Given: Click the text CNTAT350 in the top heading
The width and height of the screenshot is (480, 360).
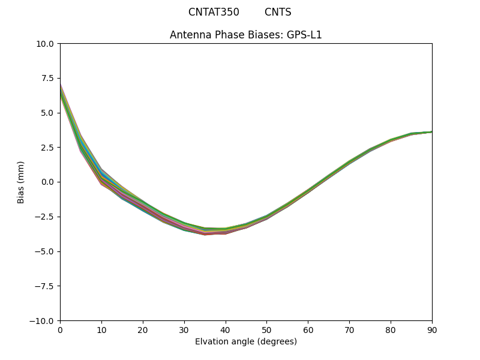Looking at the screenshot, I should pos(214,12).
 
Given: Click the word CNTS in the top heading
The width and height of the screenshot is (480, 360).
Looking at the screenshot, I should pos(278,12).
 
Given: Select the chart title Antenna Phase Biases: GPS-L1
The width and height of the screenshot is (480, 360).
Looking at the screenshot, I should pos(246,35).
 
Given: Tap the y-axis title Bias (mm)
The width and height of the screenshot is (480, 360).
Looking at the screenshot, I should pos(21,182).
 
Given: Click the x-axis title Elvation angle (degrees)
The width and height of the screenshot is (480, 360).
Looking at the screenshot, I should pos(246,341).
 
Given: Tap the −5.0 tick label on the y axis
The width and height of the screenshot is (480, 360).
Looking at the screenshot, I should pos(46,251).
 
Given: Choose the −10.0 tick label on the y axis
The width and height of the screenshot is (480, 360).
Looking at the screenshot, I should pos(43,321).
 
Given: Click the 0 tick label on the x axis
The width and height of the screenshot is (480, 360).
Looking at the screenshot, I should pos(60,330).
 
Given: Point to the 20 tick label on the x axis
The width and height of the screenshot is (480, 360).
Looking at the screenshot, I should pos(143,330).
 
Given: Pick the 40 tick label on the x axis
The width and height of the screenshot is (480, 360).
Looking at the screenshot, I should pos(226,330).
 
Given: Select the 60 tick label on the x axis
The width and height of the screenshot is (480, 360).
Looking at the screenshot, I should pos(308,330).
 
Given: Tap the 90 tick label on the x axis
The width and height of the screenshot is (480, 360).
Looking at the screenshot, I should pos(432,330).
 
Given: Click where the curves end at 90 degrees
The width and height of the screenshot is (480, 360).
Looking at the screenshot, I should pos(431,132).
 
